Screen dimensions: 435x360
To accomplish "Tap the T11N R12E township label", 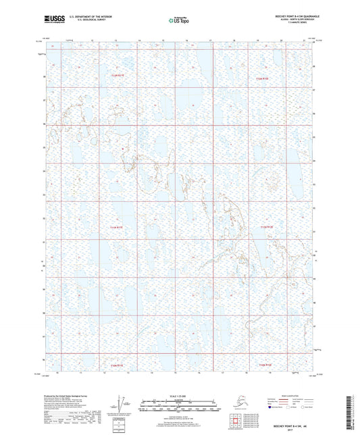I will click(267, 228).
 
